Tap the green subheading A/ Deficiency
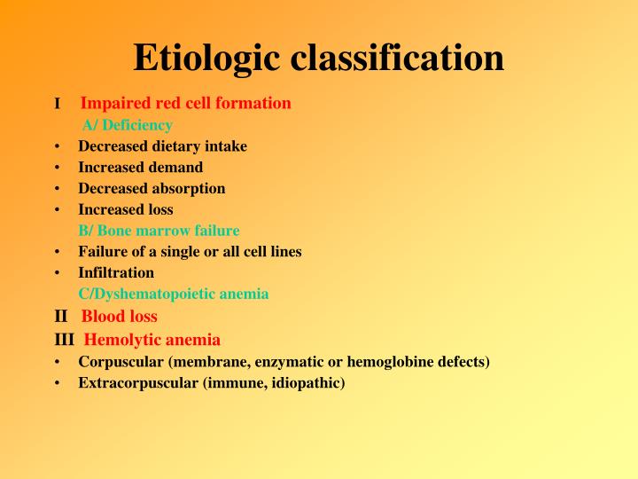pos(128,125)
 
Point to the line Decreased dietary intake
pos(162,145)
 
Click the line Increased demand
pos(140,167)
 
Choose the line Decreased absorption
pos(152,188)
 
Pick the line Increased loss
pos(126,209)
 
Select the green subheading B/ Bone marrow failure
pos(159,231)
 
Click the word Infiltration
pos(116,272)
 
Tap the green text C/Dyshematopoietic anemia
pos(174,294)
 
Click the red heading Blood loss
pos(120,316)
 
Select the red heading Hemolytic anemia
pos(152,340)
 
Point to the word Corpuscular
pos(119,362)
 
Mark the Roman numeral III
pos(65,340)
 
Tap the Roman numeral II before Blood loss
pos(60,316)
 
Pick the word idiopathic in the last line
pos(308,383)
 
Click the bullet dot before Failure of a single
pos(57,252)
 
